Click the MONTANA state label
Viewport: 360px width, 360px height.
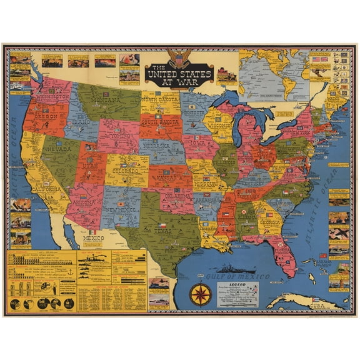(106, 99)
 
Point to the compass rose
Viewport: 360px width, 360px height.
(200, 293)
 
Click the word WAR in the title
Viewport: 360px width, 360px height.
(187, 79)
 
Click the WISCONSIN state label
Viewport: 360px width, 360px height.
(219, 123)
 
